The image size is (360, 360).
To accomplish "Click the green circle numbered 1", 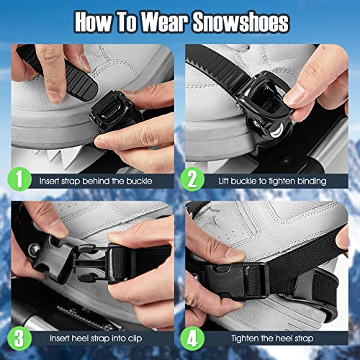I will (x=21, y=177).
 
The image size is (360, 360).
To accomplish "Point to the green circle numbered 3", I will (x=21, y=336).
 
